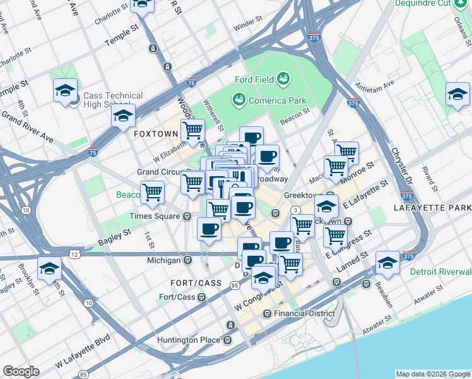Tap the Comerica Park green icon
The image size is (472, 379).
(x=239, y=99)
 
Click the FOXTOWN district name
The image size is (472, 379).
(x=155, y=135)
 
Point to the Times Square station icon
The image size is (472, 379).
(x=187, y=216)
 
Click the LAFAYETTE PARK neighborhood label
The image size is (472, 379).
(x=432, y=208)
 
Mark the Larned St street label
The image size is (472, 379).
(x=357, y=260)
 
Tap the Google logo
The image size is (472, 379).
(x=21, y=371)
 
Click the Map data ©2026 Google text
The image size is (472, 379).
(x=432, y=374)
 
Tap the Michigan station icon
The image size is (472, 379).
(x=187, y=260)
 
